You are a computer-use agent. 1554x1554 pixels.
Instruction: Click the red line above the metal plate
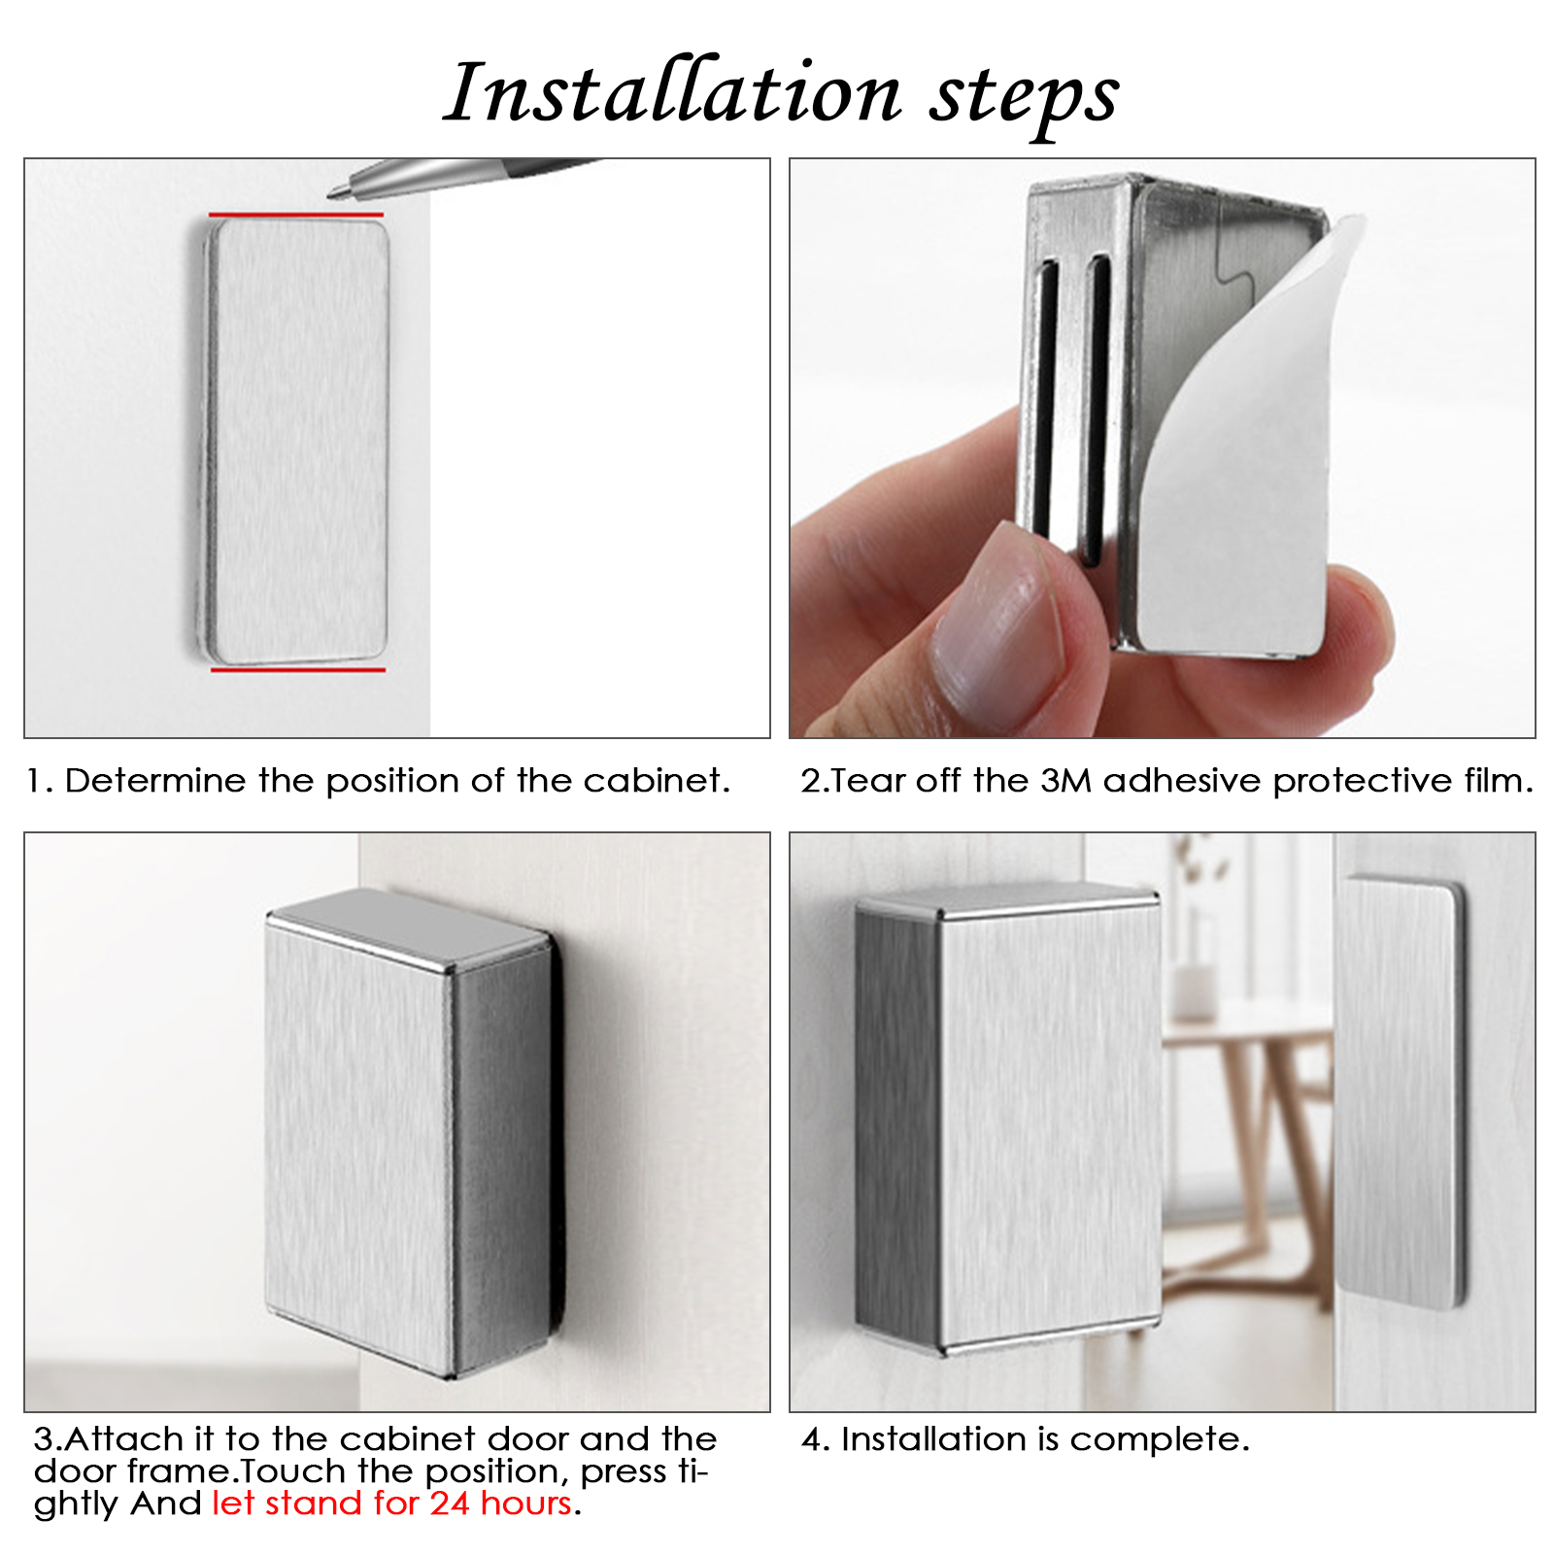pos(295,215)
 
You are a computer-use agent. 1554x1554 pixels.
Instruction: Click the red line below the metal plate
pos(298,669)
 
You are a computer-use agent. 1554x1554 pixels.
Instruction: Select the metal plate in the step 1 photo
pos(295,440)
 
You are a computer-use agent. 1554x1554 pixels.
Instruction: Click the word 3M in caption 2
pos(1066,781)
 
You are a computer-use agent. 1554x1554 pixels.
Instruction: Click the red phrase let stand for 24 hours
pos(392,1503)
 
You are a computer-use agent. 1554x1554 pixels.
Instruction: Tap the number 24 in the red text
pos(451,1503)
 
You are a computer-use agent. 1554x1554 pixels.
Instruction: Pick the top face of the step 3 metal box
pos(408,926)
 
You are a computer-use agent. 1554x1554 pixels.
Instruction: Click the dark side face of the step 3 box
pos(502,1155)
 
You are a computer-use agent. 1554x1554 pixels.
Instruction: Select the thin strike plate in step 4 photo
pos(1400,1093)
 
